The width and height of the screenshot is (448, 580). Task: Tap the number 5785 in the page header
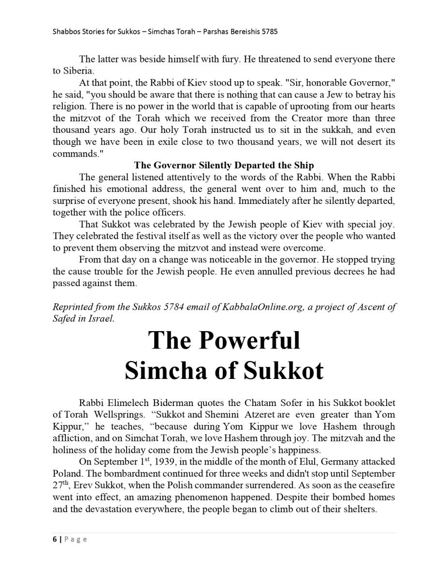pos(268,32)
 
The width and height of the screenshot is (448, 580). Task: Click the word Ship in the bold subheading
pos(303,165)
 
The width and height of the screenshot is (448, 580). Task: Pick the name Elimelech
pos(129,403)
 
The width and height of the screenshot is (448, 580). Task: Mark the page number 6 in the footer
pos(55,539)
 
